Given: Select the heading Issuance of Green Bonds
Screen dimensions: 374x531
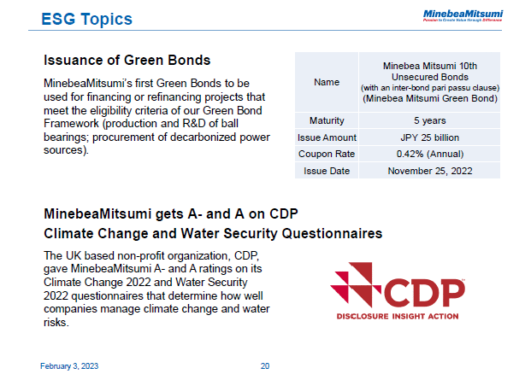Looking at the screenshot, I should click(x=127, y=61).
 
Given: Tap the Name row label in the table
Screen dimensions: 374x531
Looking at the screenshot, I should click(x=327, y=82).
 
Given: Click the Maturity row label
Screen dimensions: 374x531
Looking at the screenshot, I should click(x=327, y=120).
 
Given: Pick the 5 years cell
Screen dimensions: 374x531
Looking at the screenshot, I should click(x=429, y=120).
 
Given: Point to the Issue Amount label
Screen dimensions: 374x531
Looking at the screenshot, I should click(x=327, y=137).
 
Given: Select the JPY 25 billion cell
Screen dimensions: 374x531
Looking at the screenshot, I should click(x=429, y=137).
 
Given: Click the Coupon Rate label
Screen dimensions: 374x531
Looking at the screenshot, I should click(x=327, y=154).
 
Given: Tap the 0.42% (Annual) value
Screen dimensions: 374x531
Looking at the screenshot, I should click(x=429, y=154).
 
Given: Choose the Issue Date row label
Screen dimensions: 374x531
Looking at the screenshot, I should click(x=327, y=171).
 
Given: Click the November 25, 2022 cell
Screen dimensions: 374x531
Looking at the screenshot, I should click(x=429, y=171).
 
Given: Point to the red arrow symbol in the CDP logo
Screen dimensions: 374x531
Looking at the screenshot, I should click(x=353, y=285).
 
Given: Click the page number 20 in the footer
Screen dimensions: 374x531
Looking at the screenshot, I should click(x=265, y=366).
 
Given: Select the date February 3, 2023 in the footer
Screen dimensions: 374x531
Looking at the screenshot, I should click(x=70, y=366).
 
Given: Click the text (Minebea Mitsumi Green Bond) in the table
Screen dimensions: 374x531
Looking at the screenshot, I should click(x=429, y=99).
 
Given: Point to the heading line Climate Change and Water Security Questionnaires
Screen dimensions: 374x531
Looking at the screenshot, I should click(x=213, y=233).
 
